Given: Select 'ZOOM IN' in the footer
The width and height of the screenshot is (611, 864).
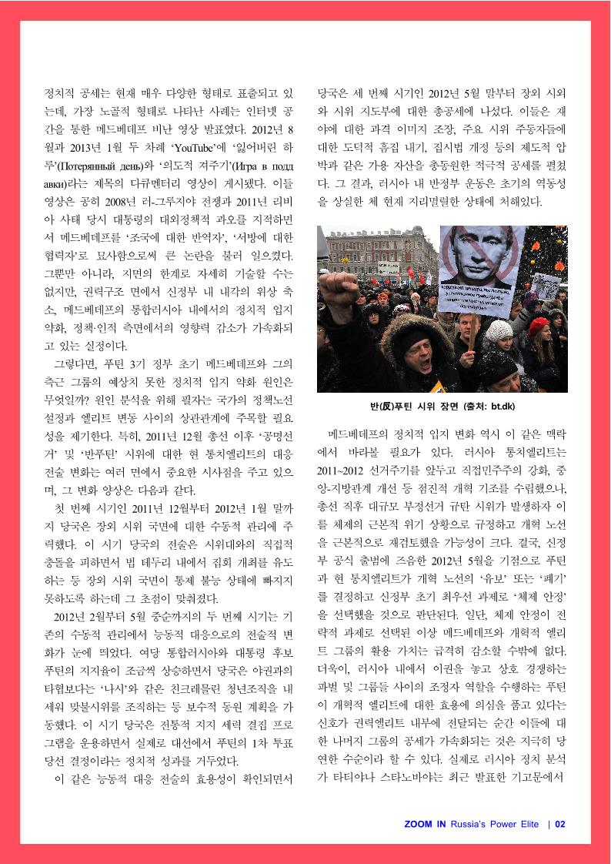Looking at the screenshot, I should pyautogui.click(x=426, y=824).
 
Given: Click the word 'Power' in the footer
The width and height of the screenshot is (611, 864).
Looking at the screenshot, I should pyautogui.click(x=506, y=824).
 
